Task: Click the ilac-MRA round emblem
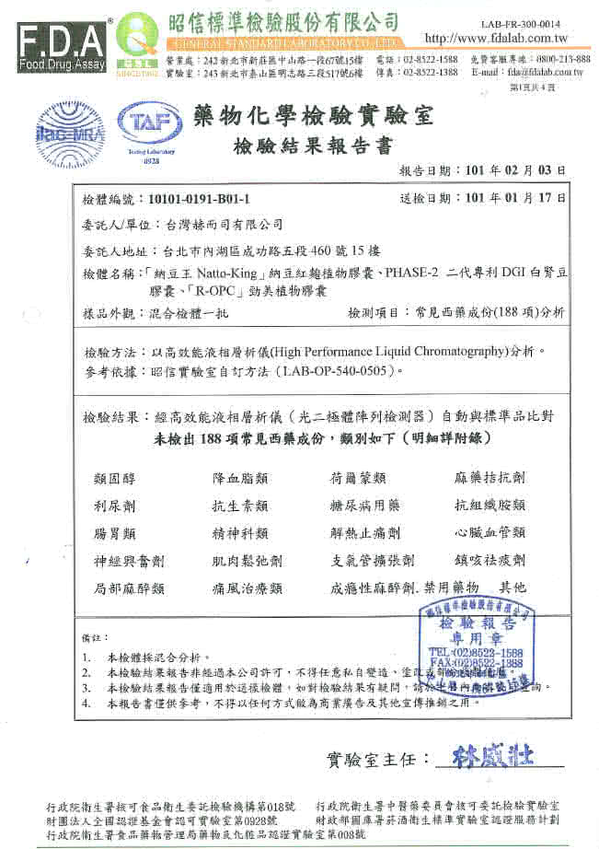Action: (66, 129)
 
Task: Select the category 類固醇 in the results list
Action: (116, 478)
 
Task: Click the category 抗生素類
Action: (239, 506)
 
